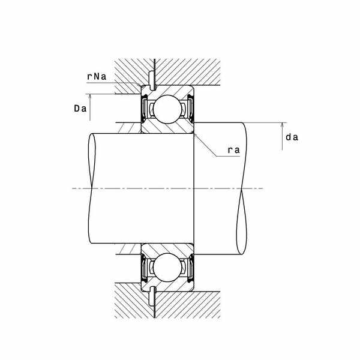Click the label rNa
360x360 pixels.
(x=97, y=77)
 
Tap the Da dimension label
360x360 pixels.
(x=80, y=109)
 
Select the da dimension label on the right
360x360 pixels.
(x=292, y=137)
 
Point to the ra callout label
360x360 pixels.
(x=234, y=150)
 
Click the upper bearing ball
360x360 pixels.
(x=167, y=109)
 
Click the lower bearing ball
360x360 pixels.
(x=167, y=268)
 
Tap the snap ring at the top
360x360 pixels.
(x=152, y=81)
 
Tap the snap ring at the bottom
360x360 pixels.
(x=152, y=296)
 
